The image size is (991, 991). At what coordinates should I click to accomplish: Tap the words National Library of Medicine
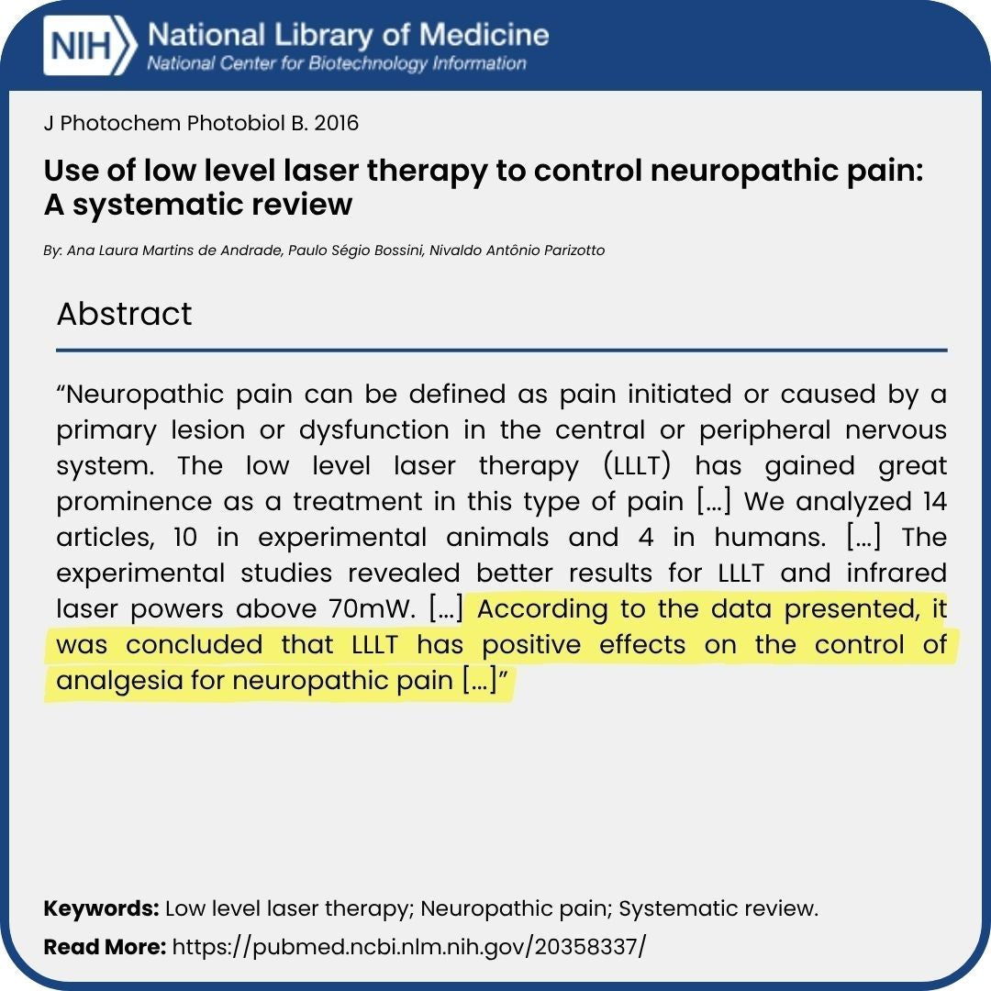pyautogui.click(x=348, y=36)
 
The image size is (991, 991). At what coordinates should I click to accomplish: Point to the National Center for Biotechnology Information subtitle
pyautogui.click(x=337, y=64)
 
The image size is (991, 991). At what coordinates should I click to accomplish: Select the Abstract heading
pyautogui.click(x=124, y=314)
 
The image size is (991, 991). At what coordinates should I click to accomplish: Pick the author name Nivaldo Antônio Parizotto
pyautogui.click(x=518, y=251)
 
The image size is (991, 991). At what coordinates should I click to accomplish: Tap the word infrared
pyautogui.click(x=895, y=573)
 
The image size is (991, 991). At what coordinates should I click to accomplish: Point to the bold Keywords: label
pyautogui.click(x=102, y=908)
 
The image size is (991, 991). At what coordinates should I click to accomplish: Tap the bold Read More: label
pyautogui.click(x=105, y=946)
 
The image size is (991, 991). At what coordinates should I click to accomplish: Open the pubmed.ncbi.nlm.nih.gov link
pyautogui.click(x=408, y=946)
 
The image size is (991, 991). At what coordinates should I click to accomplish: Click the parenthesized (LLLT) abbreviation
pyautogui.click(x=639, y=466)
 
